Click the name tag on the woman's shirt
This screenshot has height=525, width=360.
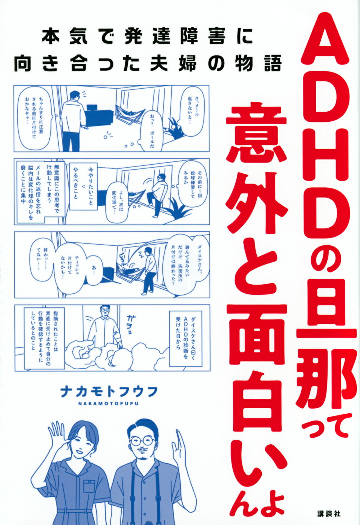89,477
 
